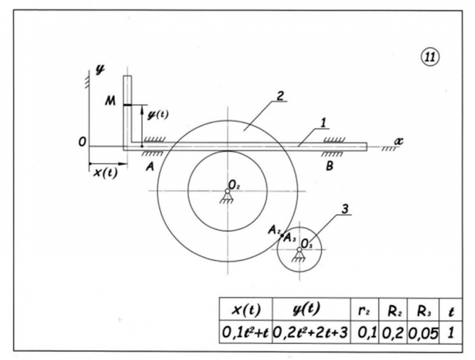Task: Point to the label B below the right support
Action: [x=330, y=165]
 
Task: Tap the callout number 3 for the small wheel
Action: [x=344, y=210]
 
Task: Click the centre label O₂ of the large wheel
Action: [x=235, y=186]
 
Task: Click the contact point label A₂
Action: [x=272, y=230]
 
